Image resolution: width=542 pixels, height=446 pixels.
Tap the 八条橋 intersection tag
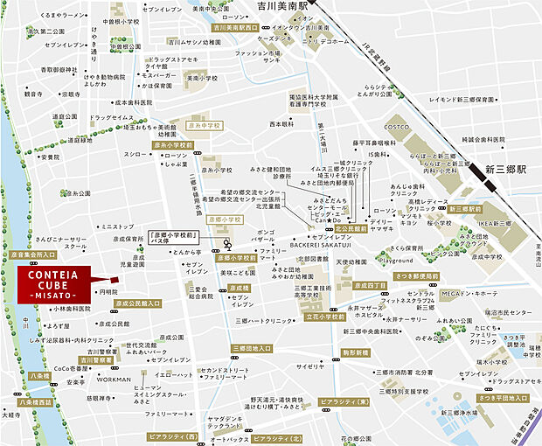click(x=39, y=375)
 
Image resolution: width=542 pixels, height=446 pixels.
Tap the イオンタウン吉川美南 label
click(x=291, y=27)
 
